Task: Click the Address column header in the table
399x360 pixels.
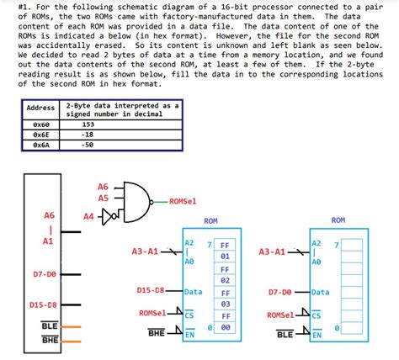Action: (x=40, y=109)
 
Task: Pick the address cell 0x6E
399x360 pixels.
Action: (x=40, y=133)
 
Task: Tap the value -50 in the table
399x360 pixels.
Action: (x=88, y=144)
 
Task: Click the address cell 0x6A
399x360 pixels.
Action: (x=40, y=144)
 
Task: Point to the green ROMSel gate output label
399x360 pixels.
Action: (x=183, y=202)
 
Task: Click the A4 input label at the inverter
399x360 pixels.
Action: (x=89, y=216)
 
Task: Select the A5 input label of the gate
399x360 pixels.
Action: (x=104, y=199)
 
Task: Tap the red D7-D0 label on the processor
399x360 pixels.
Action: (x=44, y=273)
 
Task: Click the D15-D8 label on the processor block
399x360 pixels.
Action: (x=42, y=305)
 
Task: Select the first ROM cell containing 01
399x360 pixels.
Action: (x=226, y=255)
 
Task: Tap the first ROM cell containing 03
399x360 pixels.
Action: (x=226, y=304)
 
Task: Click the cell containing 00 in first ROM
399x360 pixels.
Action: (x=226, y=328)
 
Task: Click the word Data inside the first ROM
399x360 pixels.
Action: (x=194, y=292)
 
